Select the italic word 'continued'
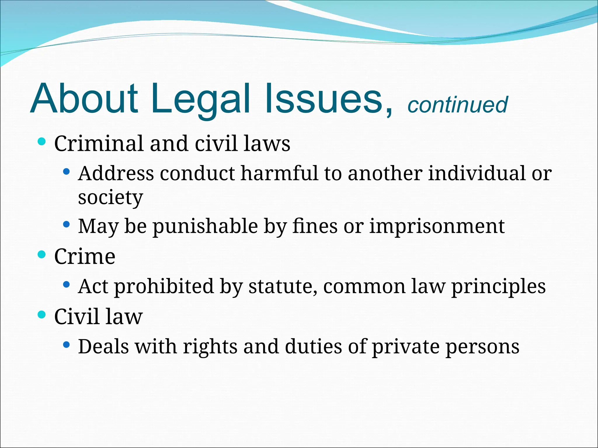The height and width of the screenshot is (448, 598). pos(457,105)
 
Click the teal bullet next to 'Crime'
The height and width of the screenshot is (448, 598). pos(42,255)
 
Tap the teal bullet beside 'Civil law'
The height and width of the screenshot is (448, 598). pos(42,315)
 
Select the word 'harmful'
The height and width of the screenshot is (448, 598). pos(279,173)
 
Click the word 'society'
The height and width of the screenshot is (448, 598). pos(110,198)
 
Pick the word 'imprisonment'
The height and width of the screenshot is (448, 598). pos(437,226)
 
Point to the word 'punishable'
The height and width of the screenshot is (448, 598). pos(206,227)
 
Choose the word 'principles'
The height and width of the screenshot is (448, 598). pos(498,287)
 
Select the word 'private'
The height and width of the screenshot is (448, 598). pos(405,347)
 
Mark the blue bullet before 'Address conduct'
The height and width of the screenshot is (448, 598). pos(66,171)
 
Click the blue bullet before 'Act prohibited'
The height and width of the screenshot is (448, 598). pos(66,284)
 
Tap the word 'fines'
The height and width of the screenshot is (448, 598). pos(314,226)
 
